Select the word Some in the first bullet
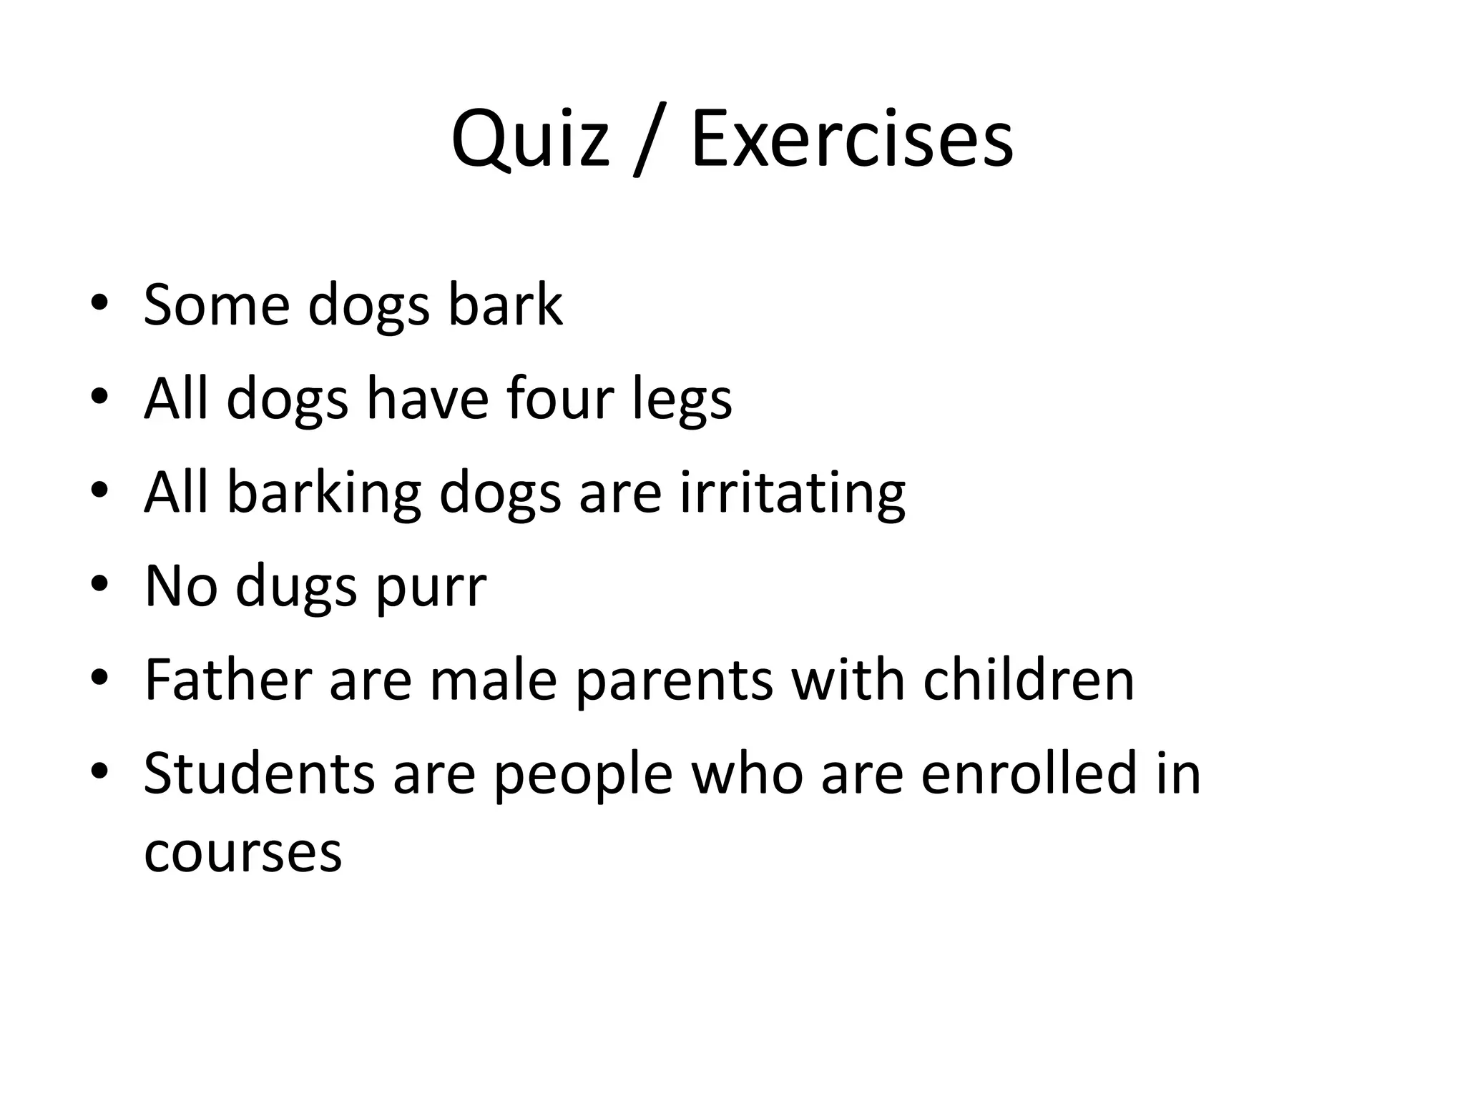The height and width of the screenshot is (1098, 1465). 216,305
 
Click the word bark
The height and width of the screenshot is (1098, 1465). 505,305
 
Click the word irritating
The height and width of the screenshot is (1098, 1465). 792,493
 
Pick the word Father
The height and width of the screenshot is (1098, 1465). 227,680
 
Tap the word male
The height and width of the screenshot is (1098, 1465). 493,680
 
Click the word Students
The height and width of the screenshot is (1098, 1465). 259,773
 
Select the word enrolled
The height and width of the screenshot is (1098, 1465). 1029,773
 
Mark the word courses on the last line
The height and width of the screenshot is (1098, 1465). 242,853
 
